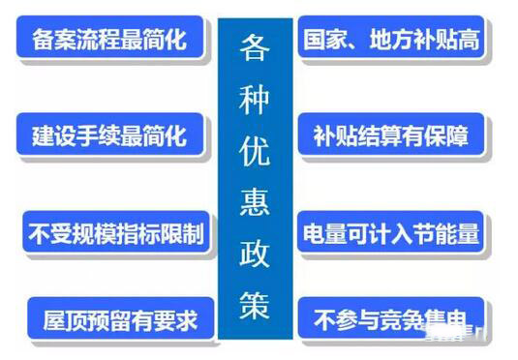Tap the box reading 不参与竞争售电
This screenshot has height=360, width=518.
pos(393,316)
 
